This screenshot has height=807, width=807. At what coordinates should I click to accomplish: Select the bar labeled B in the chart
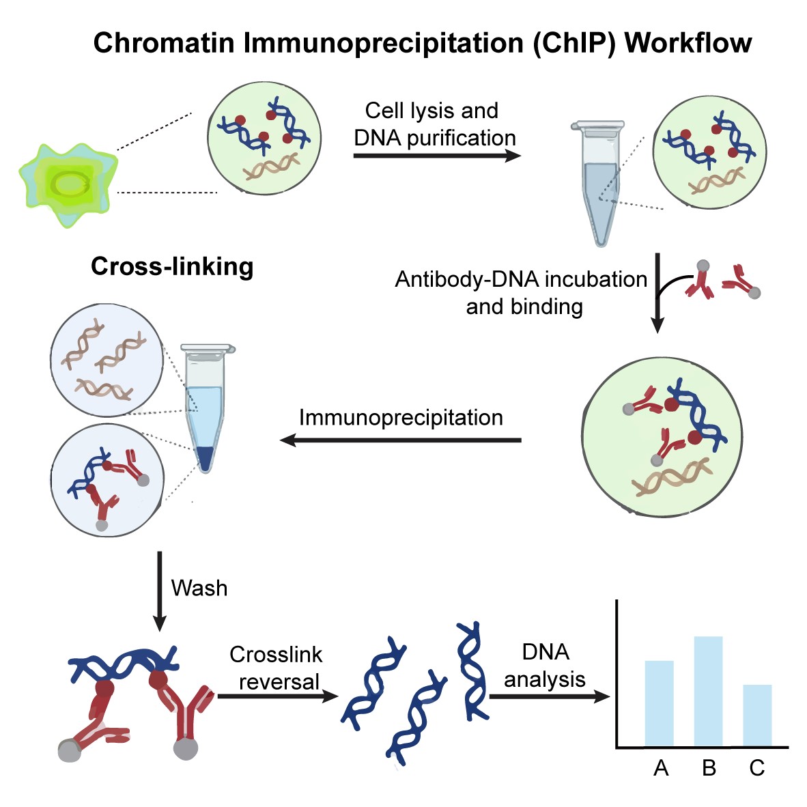[708, 691]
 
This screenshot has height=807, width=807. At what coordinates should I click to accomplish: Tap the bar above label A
[659, 703]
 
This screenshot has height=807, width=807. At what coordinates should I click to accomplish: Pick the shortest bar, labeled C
[757, 715]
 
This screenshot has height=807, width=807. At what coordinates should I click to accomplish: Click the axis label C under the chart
[757, 769]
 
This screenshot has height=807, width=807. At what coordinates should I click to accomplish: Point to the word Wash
[199, 588]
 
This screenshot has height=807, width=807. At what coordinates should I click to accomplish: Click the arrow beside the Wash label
[159, 591]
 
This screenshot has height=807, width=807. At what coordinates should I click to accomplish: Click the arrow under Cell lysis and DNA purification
[437, 156]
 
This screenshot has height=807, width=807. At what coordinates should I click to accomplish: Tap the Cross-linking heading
[172, 266]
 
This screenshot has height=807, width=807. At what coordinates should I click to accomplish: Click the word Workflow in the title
[688, 43]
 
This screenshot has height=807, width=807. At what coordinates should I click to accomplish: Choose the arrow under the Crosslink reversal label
[277, 696]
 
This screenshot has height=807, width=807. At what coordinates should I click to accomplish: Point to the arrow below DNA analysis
[549, 697]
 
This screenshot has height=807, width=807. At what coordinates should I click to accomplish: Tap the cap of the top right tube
[597, 126]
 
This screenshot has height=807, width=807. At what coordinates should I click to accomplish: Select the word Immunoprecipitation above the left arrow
[401, 418]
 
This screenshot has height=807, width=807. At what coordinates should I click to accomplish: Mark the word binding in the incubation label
[524, 307]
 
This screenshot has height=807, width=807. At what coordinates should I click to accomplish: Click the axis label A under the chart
[660, 769]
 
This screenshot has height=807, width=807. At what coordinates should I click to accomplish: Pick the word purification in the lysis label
[461, 138]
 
